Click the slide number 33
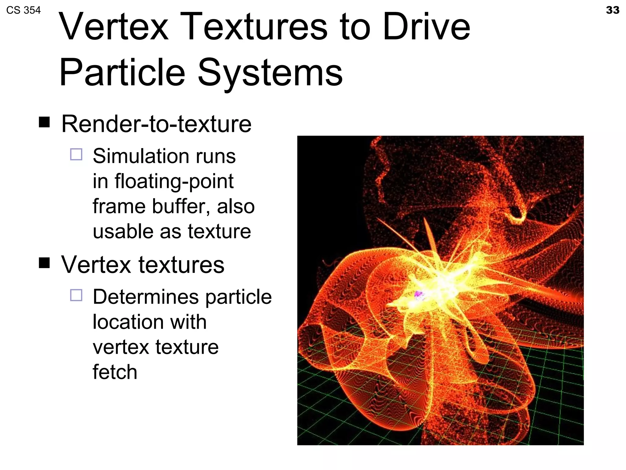pyautogui.click(x=612, y=10)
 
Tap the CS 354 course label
pyautogui.click(x=23, y=10)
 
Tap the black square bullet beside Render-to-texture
pyautogui.click(x=44, y=122)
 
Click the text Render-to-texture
pyautogui.click(x=156, y=124)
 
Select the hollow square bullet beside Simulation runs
pyautogui.click(x=76, y=154)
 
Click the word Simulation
pyautogui.click(x=139, y=156)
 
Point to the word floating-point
pyautogui.click(x=174, y=181)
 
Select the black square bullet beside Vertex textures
pyautogui.click(x=44, y=263)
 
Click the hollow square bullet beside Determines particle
pyautogui.click(x=76, y=295)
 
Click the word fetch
pyautogui.click(x=115, y=372)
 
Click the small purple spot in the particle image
pyautogui.click(x=418, y=295)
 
